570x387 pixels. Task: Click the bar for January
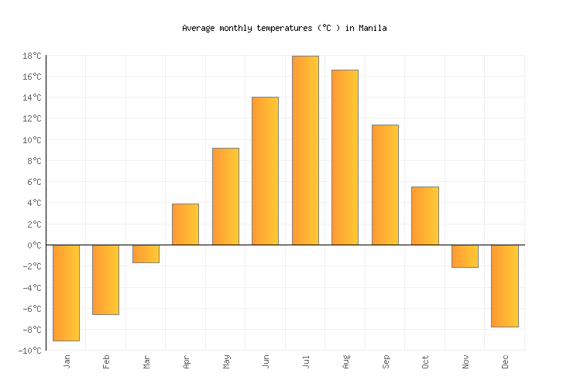[x=66, y=293]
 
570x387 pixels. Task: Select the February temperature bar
[x=105, y=279]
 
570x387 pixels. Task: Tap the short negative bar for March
[x=146, y=254]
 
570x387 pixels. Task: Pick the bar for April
[x=185, y=224]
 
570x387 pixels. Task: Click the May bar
[x=225, y=197]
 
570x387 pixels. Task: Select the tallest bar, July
[x=305, y=150]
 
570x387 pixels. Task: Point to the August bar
[x=345, y=157]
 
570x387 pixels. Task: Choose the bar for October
[x=424, y=216]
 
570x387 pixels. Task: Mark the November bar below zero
[x=465, y=256]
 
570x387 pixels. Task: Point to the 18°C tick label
[x=31, y=56]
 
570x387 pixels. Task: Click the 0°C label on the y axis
[x=34, y=245]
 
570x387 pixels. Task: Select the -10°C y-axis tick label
[x=29, y=351]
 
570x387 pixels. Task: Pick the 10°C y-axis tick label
[x=31, y=140]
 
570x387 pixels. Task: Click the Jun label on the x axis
[x=266, y=361]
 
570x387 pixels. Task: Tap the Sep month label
[x=386, y=361]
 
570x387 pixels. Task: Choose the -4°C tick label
[x=31, y=288]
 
